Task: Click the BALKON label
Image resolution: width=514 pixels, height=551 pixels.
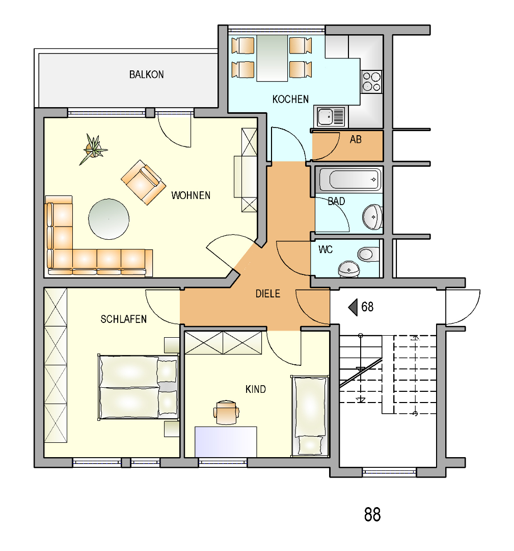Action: tap(146, 74)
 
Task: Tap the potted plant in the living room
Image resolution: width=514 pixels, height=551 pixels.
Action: tap(93, 148)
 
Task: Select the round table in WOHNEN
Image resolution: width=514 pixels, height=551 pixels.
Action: tap(109, 219)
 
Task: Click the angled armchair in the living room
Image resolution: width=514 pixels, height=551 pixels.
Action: tap(143, 182)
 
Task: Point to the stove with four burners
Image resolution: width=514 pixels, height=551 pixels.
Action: tap(371, 82)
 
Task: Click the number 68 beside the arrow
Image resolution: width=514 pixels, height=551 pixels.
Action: tap(367, 307)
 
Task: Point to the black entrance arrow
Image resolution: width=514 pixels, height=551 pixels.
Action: tap(353, 307)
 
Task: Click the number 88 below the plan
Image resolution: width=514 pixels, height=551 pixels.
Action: tap(372, 514)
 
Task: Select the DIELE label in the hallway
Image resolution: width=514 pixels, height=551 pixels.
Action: tap(268, 294)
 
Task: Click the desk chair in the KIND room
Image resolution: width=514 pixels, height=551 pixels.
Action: tap(226, 412)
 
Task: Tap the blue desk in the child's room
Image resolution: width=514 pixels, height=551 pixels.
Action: tap(226, 442)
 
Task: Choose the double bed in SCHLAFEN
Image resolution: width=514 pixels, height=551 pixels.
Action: tap(138, 387)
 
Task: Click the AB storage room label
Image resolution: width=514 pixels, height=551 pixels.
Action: tap(356, 140)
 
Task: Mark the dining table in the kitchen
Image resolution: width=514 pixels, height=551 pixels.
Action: tap(272, 58)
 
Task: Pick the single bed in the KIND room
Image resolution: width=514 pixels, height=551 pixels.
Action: tap(309, 416)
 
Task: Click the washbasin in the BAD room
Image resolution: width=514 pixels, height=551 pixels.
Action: tap(372, 217)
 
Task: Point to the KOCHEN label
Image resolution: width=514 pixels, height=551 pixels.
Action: tap(290, 99)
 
